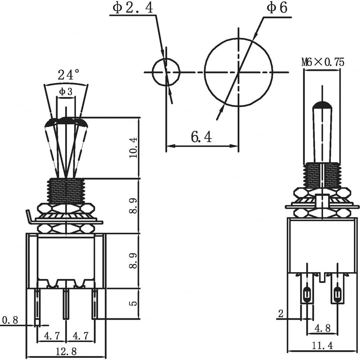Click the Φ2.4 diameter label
click(132, 8)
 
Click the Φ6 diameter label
click(276, 8)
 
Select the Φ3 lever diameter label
click(66, 92)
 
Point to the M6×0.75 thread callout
click(323, 62)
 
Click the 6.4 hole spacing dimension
click(201, 137)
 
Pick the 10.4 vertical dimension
click(133, 147)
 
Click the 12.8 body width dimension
click(66, 351)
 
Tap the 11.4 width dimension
click(322, 345)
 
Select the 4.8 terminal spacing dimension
click(323, 328)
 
